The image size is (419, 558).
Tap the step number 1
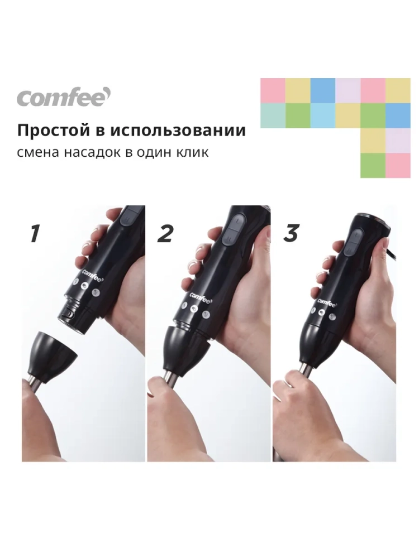coord(35,233)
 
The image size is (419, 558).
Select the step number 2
coord(165,233)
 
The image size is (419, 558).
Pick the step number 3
coord(291,233)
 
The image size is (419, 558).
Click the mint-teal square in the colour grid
coord(273,116)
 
